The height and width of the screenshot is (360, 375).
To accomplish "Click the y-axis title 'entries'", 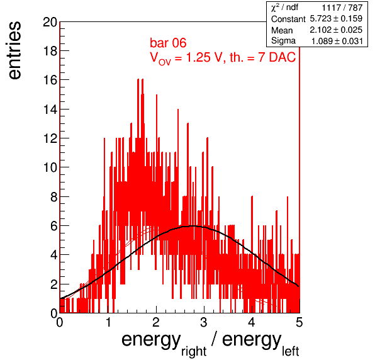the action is click(15, 50).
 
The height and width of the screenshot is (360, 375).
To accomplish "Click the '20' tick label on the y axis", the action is click(50, 22).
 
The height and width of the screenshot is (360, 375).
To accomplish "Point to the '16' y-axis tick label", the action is click(50, 80).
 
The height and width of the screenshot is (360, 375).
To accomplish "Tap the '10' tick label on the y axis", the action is click(50, 167).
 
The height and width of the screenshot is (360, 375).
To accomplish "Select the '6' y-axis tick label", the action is click(54, 226).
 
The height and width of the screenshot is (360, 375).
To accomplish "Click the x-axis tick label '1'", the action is click(108, 322).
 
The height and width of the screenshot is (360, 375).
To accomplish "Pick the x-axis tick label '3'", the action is click(204, 322).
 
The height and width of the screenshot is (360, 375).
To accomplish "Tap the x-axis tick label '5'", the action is click(299, 322).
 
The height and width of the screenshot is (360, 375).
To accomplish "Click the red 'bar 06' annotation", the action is click(168, 43).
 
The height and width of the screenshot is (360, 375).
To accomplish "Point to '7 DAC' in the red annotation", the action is click(277, 57).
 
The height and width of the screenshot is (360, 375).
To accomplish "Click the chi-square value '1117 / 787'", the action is click(342, 8).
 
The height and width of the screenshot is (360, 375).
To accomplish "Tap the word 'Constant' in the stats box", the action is click(288, 19).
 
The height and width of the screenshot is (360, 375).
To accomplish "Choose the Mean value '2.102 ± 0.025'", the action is click(336, 30).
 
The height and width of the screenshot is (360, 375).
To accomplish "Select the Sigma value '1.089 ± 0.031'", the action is click(337, 41).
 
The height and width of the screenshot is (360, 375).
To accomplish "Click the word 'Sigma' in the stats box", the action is click(283, 41).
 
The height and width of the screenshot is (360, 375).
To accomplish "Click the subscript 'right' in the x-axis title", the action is click(194, 352).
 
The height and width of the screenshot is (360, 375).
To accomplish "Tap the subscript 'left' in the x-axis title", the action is click(290, 351).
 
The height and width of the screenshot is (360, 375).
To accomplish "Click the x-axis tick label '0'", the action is click(60, 322).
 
